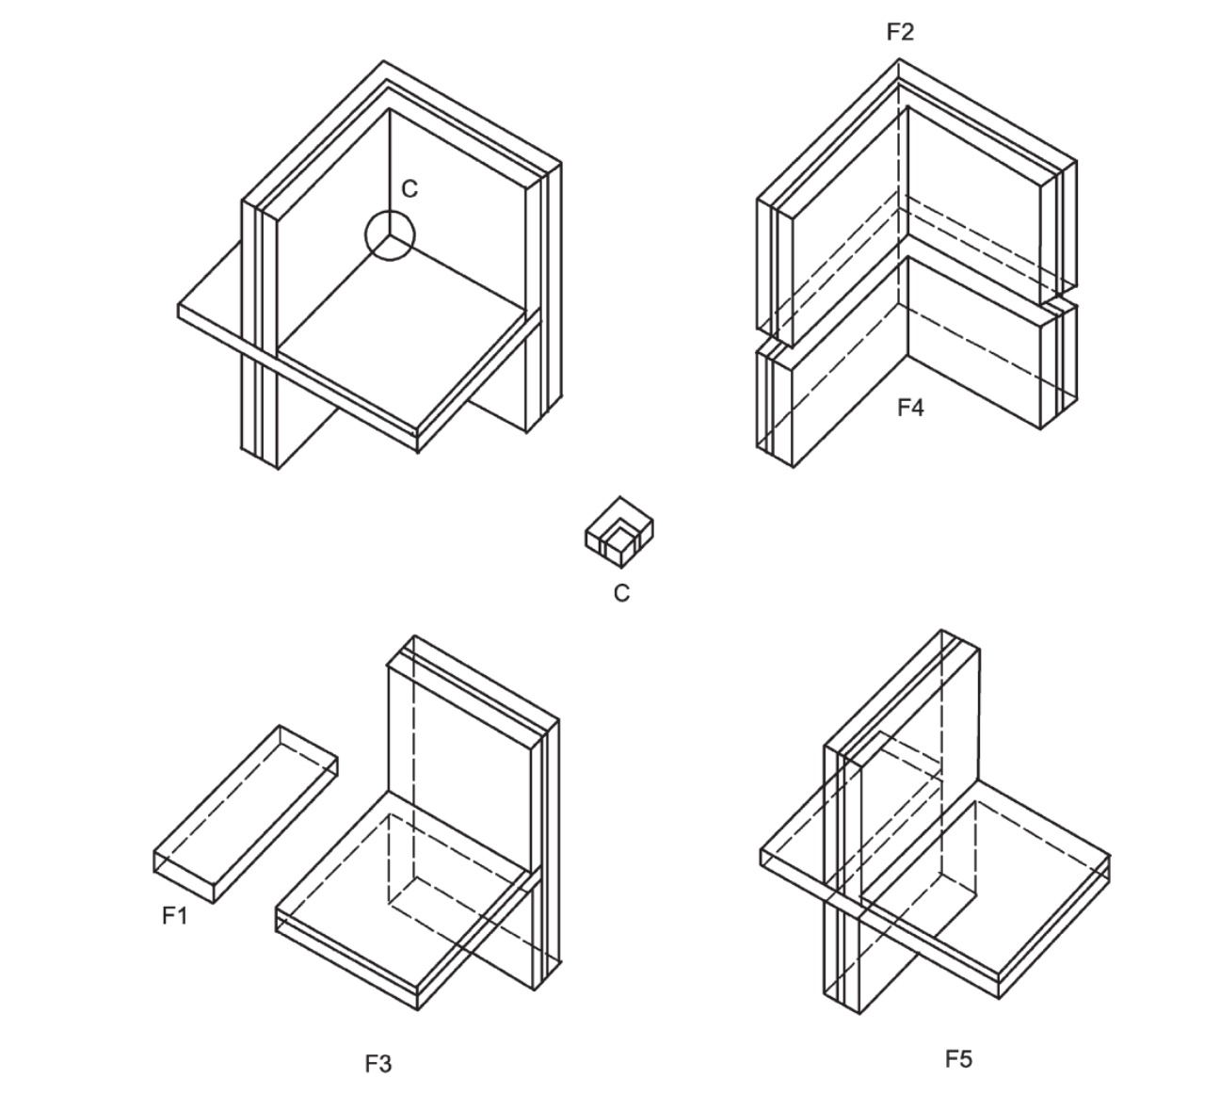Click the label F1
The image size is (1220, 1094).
[174, 915]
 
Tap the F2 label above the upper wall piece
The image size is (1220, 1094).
[899, 32]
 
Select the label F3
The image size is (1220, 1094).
[377, 1064]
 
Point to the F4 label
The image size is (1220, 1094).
[909, 408]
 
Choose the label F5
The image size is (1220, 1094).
[957, 1059]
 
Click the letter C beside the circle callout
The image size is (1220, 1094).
[409, 189]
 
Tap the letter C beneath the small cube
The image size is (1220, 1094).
[620, 593]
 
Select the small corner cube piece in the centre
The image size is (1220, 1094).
[619, 533]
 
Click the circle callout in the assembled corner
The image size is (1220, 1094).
[389, 234]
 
